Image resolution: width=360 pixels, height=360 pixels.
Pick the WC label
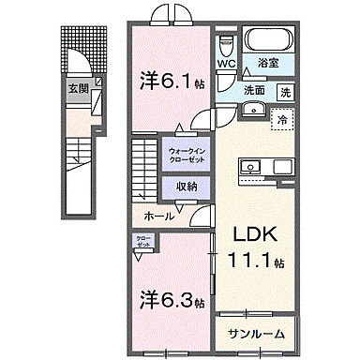pyautogui.click(x=228, y=63)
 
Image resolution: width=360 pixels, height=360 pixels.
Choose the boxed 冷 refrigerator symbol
pyautogui.click(x=280, y=118)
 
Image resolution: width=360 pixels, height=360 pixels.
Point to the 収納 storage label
pyautogui.click(x=186, y=185)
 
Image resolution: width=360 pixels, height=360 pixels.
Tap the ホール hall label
pyautogui.click(x=157, y=216)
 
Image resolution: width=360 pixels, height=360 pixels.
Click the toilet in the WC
pyautogui.click(x=226, y=42)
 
